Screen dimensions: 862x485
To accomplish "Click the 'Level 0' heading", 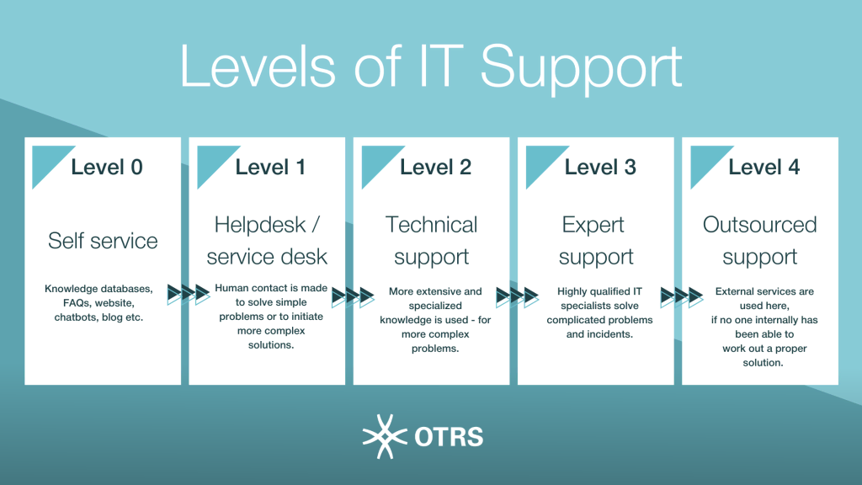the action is coord(107,168).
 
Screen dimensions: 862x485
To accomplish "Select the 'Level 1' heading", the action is coord(270,168).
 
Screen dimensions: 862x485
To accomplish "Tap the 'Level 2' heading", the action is coord(435,168).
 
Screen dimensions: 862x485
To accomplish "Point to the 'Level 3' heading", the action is coord(599,168).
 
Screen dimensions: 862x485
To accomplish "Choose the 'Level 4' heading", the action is coord(764,168).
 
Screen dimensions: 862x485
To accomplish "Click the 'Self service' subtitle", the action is coord(103,241).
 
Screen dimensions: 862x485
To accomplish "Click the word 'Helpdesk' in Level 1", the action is coord(259,226).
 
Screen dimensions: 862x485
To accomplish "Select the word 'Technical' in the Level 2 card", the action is coord(432,225).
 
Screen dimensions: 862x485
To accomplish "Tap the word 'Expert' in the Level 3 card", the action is coord(593,226).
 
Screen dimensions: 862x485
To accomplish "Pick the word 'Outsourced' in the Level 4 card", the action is coord(760,225).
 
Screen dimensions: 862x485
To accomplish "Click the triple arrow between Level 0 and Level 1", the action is coord(189,294).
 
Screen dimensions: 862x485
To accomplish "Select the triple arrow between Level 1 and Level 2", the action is coord(353,297).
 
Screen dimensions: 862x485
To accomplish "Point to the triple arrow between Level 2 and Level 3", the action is coord(518,297).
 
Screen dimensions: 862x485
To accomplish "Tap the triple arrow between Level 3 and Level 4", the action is coord(682,297).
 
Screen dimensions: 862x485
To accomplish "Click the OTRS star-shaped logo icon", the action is coord(385,437).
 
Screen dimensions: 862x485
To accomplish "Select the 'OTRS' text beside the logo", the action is coord(449,437).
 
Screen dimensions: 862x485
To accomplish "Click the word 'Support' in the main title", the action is coord(582,68).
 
